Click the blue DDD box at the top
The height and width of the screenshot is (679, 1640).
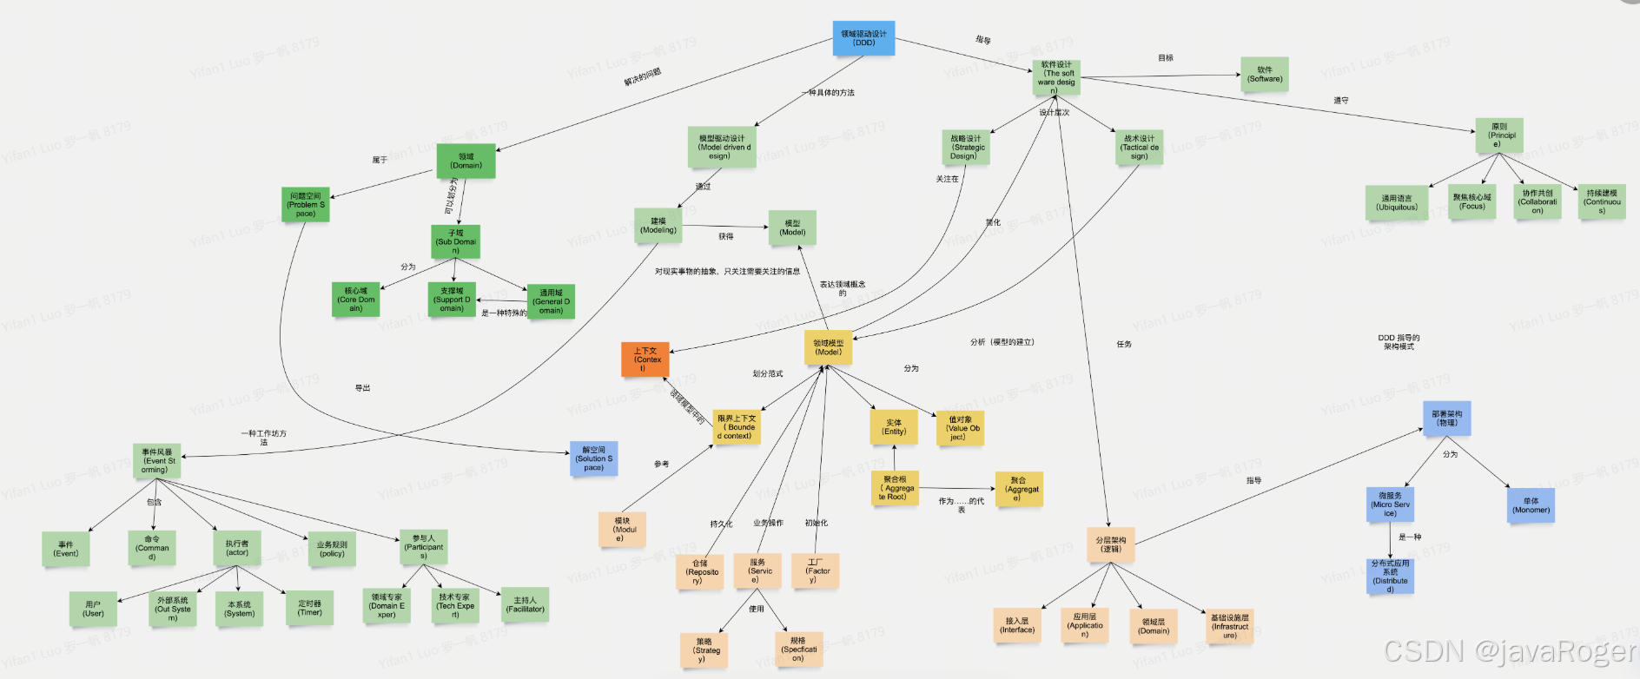tap(863, 38)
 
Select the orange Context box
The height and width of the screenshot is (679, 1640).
tap(645, 359)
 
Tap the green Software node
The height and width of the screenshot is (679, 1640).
tap(1264, 75)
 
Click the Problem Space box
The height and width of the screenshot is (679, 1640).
tap(305, 205)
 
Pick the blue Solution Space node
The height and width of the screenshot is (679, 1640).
tap(593, 458)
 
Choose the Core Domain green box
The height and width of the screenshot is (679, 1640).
tap(355, 300)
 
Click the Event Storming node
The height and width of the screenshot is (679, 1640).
tap(156, 461)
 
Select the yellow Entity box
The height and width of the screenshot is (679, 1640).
tap(894, 427)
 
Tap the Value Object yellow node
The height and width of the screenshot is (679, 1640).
tap(960, 428)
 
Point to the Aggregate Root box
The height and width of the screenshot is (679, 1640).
tap(895, 488)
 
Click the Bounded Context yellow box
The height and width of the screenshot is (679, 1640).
tap(737, 427)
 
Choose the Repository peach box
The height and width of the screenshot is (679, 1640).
tap(700, 572)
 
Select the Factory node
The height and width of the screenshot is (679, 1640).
tap(816, 570)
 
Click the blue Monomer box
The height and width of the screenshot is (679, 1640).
tap(1531, 505)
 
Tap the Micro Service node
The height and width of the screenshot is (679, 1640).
tap(1390, 504)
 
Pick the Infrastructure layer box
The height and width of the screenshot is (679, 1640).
tap(1230, 626)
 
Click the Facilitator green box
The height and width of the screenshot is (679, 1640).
tap(525, 604)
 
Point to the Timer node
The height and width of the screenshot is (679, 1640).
tap(309, 608)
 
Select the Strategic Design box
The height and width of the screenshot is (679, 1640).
tap(965, 148)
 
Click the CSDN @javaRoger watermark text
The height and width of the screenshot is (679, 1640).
tap(1510, 651)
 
